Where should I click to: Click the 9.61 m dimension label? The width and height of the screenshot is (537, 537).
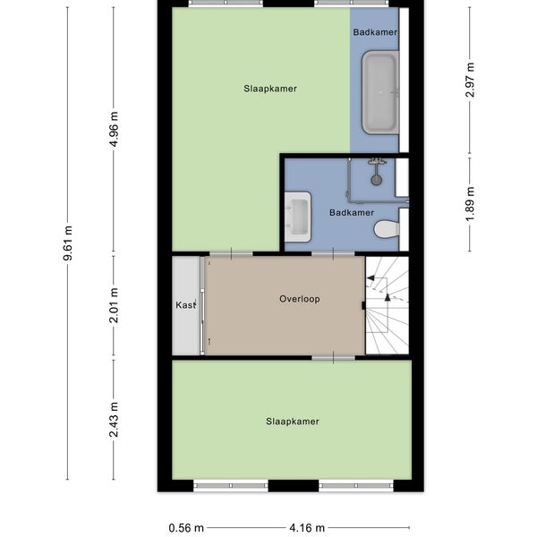68,243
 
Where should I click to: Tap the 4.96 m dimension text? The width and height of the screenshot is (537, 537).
114,129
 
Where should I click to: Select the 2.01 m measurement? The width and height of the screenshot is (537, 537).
114,305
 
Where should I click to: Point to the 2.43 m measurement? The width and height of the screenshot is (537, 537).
114,420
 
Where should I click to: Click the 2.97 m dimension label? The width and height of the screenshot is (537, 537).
471,81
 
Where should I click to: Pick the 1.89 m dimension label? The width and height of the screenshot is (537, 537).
471,204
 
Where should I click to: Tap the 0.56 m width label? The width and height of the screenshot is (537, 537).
186,528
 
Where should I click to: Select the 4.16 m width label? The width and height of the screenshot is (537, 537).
307,528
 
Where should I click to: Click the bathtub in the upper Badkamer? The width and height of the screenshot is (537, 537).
380,92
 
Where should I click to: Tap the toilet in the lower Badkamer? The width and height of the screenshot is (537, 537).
387,229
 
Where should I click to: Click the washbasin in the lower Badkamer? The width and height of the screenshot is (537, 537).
298,217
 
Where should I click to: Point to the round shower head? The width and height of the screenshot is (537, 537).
377,180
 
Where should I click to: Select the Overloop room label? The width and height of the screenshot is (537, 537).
300,299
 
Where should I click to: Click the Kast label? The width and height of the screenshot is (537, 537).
186,305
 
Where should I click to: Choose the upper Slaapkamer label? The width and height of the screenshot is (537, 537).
270,89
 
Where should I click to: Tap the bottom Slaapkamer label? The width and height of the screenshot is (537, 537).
293,422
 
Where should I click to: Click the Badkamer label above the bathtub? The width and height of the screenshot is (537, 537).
375,32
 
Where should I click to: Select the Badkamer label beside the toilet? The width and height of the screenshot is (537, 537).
352,213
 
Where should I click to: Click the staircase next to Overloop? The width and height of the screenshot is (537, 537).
388,305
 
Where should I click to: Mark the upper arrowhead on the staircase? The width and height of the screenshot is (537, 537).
371,278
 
